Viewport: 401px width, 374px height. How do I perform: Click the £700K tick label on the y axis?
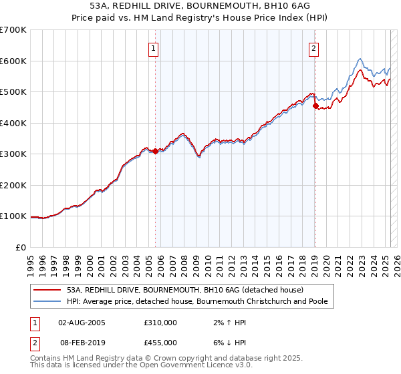(x=13, y=30)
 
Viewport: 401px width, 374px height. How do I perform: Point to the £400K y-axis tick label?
(x=13, y=123)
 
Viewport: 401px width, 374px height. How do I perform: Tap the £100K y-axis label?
(x=13, y=216)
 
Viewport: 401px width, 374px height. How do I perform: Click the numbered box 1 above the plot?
(x=154, y=48)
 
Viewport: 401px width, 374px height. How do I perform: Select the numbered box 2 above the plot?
(x=314, y=48)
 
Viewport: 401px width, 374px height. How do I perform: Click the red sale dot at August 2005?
(x=155, y=151)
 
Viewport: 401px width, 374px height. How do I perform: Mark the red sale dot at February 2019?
(x=315, y=106)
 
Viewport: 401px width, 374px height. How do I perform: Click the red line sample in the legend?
(x=47, y=290)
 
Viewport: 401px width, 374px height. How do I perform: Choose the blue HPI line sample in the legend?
(x=47, y=301)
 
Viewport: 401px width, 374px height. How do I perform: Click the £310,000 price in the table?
(x=160, y=323)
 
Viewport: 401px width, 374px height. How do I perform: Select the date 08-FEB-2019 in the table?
(x=82, y=342)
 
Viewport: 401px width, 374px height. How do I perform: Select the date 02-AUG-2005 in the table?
(x=82, y=323)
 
